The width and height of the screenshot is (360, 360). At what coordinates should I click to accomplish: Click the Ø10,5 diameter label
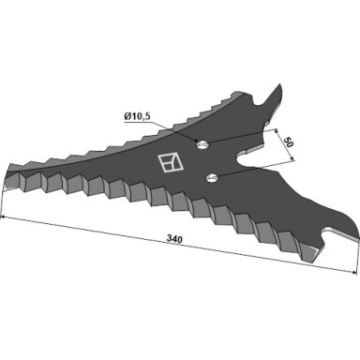[x=138, y=117]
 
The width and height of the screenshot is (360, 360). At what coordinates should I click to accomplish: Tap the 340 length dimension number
[x=174, y=239]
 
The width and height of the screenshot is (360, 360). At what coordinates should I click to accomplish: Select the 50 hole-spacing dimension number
[x=289, y=142]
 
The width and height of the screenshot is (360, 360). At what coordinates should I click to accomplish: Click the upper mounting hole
[x=202, y=144]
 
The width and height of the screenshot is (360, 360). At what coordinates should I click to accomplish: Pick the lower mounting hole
[x=213, y=178]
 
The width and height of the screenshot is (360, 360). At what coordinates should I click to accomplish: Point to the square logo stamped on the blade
[x=171, y=162]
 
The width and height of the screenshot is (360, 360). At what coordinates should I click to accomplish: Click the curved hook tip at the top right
[x=279, y=87]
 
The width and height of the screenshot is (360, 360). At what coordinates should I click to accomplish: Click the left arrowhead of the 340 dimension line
[x=3, y=217]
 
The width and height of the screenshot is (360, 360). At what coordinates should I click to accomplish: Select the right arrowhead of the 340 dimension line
[x=354, y=273]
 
